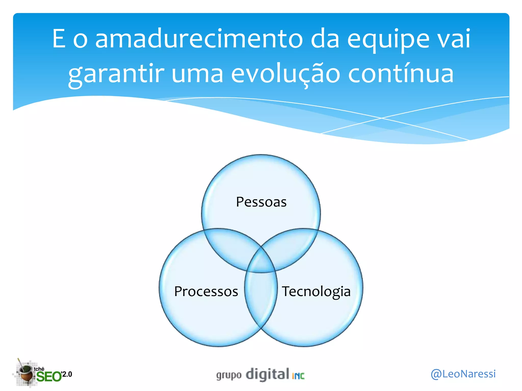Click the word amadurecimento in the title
(199, 39)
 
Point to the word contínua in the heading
(401, 74)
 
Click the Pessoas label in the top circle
(261, 202)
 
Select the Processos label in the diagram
(206, 291)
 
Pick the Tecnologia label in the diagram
(316, 291)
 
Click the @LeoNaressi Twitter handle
(463, 374)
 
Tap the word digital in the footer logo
(267, 374)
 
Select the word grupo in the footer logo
(229, 375)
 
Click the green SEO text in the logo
(49, 376)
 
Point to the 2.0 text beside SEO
(67, 374)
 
